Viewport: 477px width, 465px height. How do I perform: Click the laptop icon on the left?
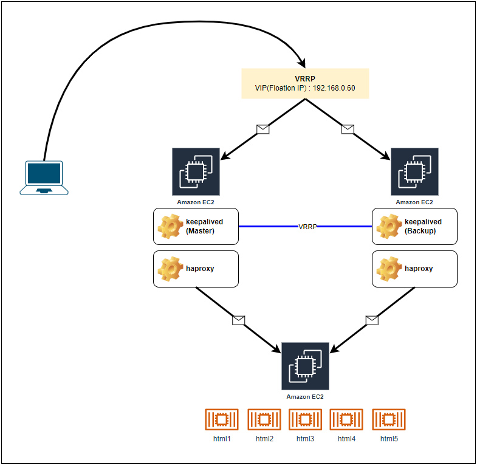click(44, 177)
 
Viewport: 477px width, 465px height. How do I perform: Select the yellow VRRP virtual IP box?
click(305, 83)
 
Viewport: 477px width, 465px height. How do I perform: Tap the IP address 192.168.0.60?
click(334, 88)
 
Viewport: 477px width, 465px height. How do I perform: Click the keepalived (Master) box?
click(196, 227)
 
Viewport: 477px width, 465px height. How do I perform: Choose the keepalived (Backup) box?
click(414, 227)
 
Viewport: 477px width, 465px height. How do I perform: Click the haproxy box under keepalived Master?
click(196, 269)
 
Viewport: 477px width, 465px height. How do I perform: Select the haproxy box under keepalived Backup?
click(414, 269)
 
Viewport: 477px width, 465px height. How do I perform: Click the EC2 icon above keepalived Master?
click(196, 172)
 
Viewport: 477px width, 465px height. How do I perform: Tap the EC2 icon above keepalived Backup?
click(414, 172)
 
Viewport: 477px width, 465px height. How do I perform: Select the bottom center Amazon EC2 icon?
click(305, 366)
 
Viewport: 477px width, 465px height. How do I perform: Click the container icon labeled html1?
click(222, 419)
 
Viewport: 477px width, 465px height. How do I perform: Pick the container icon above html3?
click(305, 419)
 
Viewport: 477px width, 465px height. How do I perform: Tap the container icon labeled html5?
click(389, 419)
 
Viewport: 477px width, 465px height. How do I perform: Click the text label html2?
click(264, 438)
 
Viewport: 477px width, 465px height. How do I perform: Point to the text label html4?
click(346, 438)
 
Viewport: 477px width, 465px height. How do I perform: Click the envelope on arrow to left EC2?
click(263, 129)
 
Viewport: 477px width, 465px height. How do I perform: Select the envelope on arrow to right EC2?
click(348, 129)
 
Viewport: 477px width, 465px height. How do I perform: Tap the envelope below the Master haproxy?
click(238, 320)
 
